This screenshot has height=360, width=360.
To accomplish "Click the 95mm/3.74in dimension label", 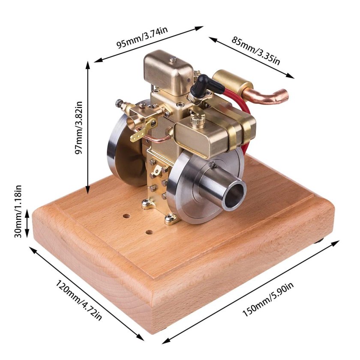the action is [x=142, y=37].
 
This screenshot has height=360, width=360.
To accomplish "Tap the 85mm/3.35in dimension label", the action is [x=255, y=51].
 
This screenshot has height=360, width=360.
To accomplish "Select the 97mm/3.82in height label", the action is [x=79, y=128].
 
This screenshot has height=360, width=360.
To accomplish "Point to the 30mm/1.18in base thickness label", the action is [x=18, y=211].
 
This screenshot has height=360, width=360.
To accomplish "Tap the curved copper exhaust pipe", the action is [x=266, y=96].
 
